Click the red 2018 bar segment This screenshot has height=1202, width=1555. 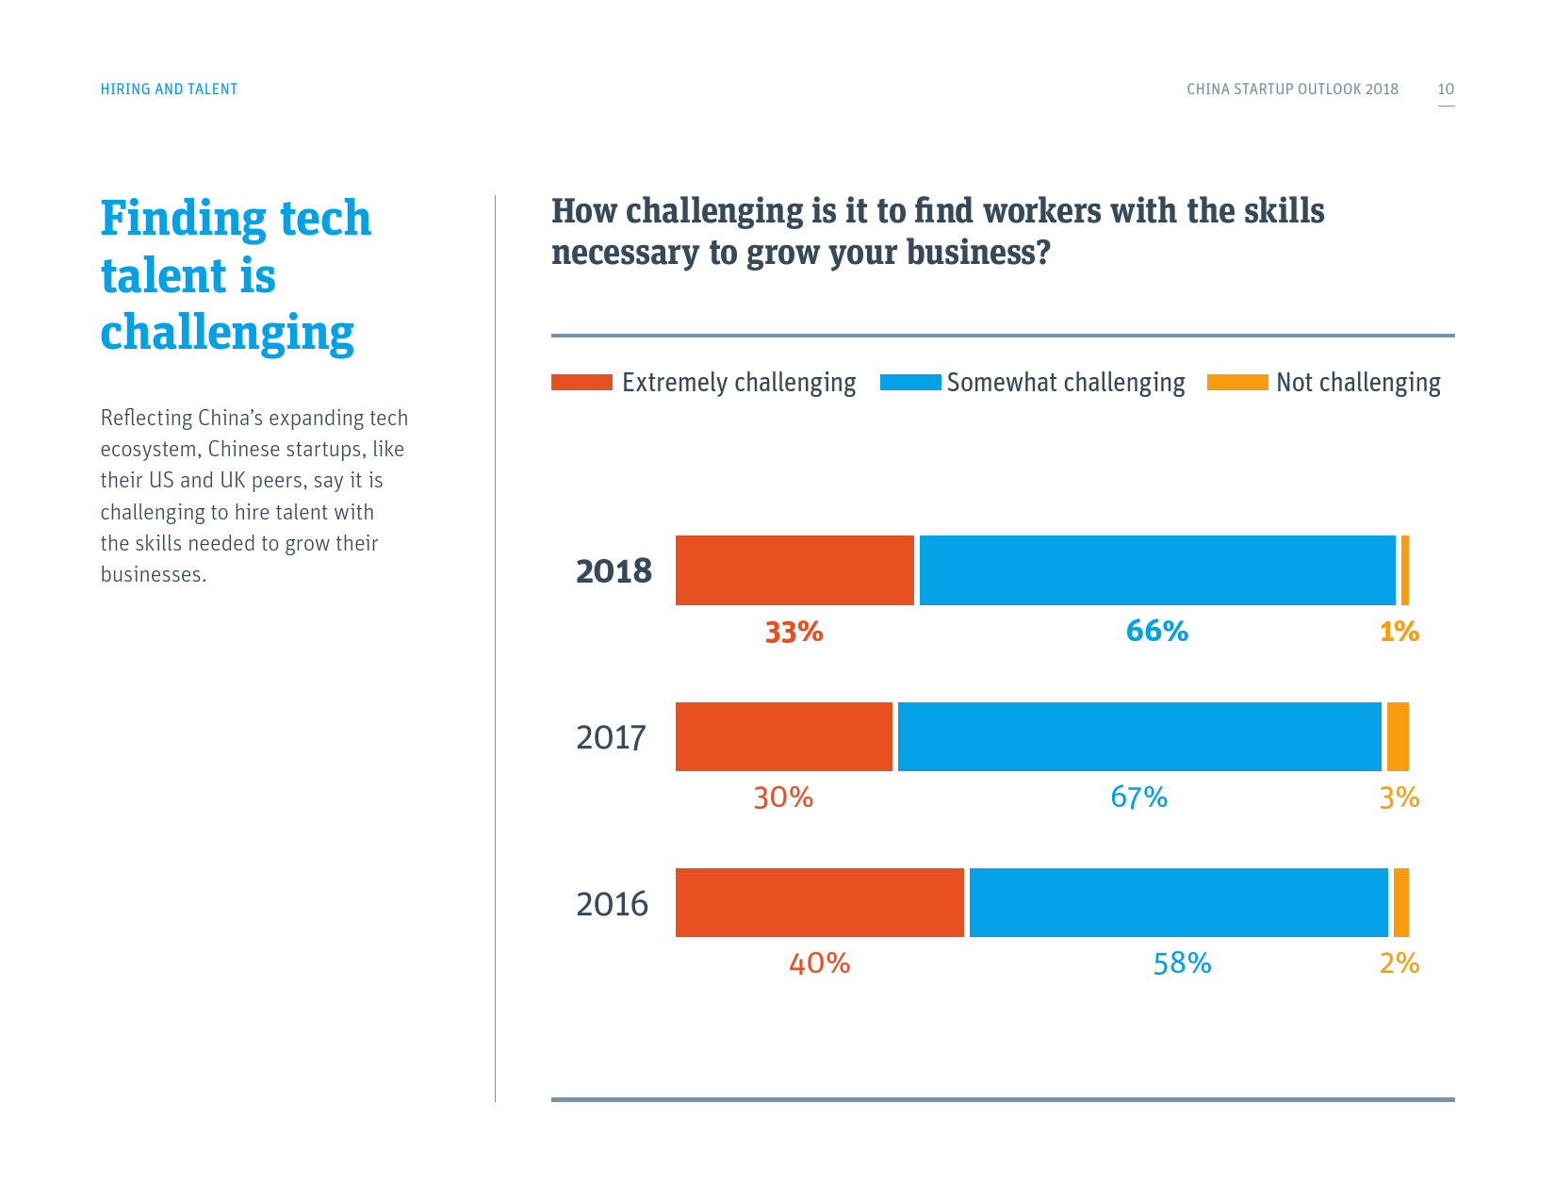pos(794,570)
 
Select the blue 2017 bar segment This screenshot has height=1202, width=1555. pos(1139,736)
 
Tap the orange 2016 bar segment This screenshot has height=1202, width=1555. pos(1400,902)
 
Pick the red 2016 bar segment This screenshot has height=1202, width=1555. pos(820,902)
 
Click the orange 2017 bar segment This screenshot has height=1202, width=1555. pos(1398,736)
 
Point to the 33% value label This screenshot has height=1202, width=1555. pos(794,632)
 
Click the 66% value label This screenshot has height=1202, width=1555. pos(1156,631)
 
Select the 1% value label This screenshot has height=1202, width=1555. pos(1399,632)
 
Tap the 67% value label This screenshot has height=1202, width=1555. pos(1138,798)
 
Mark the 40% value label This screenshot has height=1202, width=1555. pos(819,963)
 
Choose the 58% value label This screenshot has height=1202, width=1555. pos(1182,963)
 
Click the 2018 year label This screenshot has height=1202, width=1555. pos(614,571)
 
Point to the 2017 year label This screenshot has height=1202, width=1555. pos(611,737)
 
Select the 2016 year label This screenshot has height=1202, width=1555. pos(612,904)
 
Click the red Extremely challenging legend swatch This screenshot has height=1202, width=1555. pos(581,382)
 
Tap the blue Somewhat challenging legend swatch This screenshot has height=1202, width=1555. pos(910,382)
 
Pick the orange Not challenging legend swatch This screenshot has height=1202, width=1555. pos(1237,382)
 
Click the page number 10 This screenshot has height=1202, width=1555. pos(1446,90)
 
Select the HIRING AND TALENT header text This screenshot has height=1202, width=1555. pos(169,90)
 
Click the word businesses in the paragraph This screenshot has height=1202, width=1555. pos(153,575)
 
